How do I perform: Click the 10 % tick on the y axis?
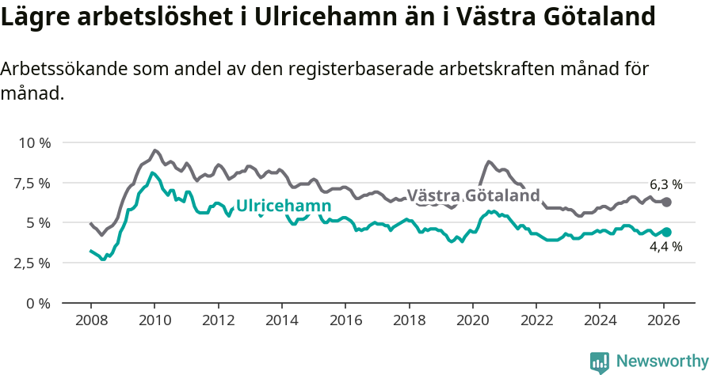[x=33, y=143]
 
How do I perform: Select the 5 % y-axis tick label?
[x=38, y=223]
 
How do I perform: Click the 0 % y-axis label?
[x=38, y=303]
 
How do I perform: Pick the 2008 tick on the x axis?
[x=90, y=321]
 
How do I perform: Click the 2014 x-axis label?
[x=281, y=321]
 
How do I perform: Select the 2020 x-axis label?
[x=472, y=321]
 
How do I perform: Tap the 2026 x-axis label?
[x=663, y=321]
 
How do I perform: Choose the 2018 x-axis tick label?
[x=409, y=321]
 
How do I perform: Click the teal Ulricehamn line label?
[x=283, y=206]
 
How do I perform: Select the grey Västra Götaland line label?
[x=473, y=195]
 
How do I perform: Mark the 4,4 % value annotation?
[x=665, y=247]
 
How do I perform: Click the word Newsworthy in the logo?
[x=662, y=361]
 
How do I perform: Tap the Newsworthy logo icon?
[x=600, y=362]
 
